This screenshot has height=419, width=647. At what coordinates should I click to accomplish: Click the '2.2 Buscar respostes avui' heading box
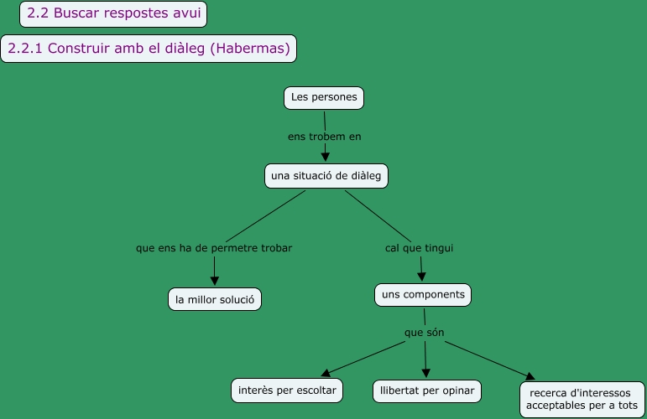[113, 13]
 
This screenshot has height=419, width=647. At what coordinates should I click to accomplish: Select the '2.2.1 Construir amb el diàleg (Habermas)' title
[149, 48]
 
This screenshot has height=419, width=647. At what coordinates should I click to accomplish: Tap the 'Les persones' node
[324, 97]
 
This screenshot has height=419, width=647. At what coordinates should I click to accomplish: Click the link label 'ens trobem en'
[324, 136]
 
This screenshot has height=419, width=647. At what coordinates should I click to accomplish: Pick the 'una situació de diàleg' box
[326, 176]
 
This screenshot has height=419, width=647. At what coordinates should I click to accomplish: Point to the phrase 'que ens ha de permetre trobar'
[214, 248]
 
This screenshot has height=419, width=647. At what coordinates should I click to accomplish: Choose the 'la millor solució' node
[215, 299]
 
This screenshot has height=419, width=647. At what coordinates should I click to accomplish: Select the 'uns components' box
[422, 295]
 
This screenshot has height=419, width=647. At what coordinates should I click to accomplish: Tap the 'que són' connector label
[424, 333]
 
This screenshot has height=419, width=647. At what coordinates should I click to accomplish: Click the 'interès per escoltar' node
[287, 391]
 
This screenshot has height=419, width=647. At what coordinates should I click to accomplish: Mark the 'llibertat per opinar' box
[427, 391]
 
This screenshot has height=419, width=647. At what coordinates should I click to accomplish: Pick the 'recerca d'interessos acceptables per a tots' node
[582, 399]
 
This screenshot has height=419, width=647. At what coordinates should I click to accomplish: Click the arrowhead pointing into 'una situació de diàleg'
[326, 155]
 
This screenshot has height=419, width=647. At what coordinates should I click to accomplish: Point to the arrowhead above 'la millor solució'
[215, 281]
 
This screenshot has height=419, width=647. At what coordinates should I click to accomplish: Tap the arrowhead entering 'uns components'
[421, 277]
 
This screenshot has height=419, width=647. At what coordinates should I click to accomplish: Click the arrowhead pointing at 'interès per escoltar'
[327, 374]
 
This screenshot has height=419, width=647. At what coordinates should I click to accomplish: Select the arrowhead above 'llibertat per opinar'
[427, 372]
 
